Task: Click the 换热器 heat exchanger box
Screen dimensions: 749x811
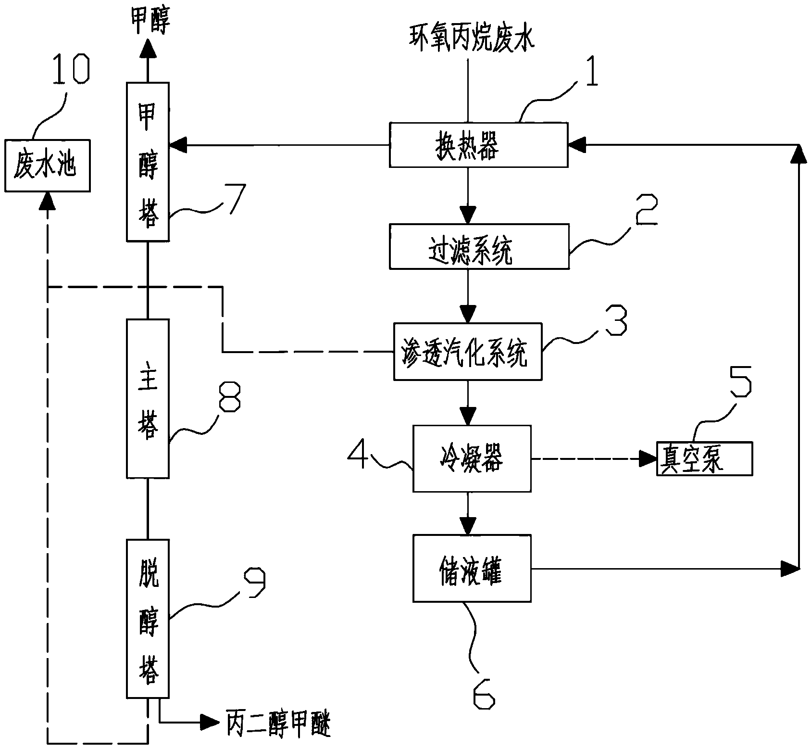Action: (478, 145)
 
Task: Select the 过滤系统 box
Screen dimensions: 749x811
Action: (479, 246)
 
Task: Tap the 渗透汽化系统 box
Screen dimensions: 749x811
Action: (467, 352)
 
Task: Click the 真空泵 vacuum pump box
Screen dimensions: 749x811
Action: (704, 458)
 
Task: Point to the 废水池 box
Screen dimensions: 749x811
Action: (47, 165)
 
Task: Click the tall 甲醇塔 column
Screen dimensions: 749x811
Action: (148, 161)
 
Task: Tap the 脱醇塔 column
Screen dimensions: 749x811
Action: (148, 618)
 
